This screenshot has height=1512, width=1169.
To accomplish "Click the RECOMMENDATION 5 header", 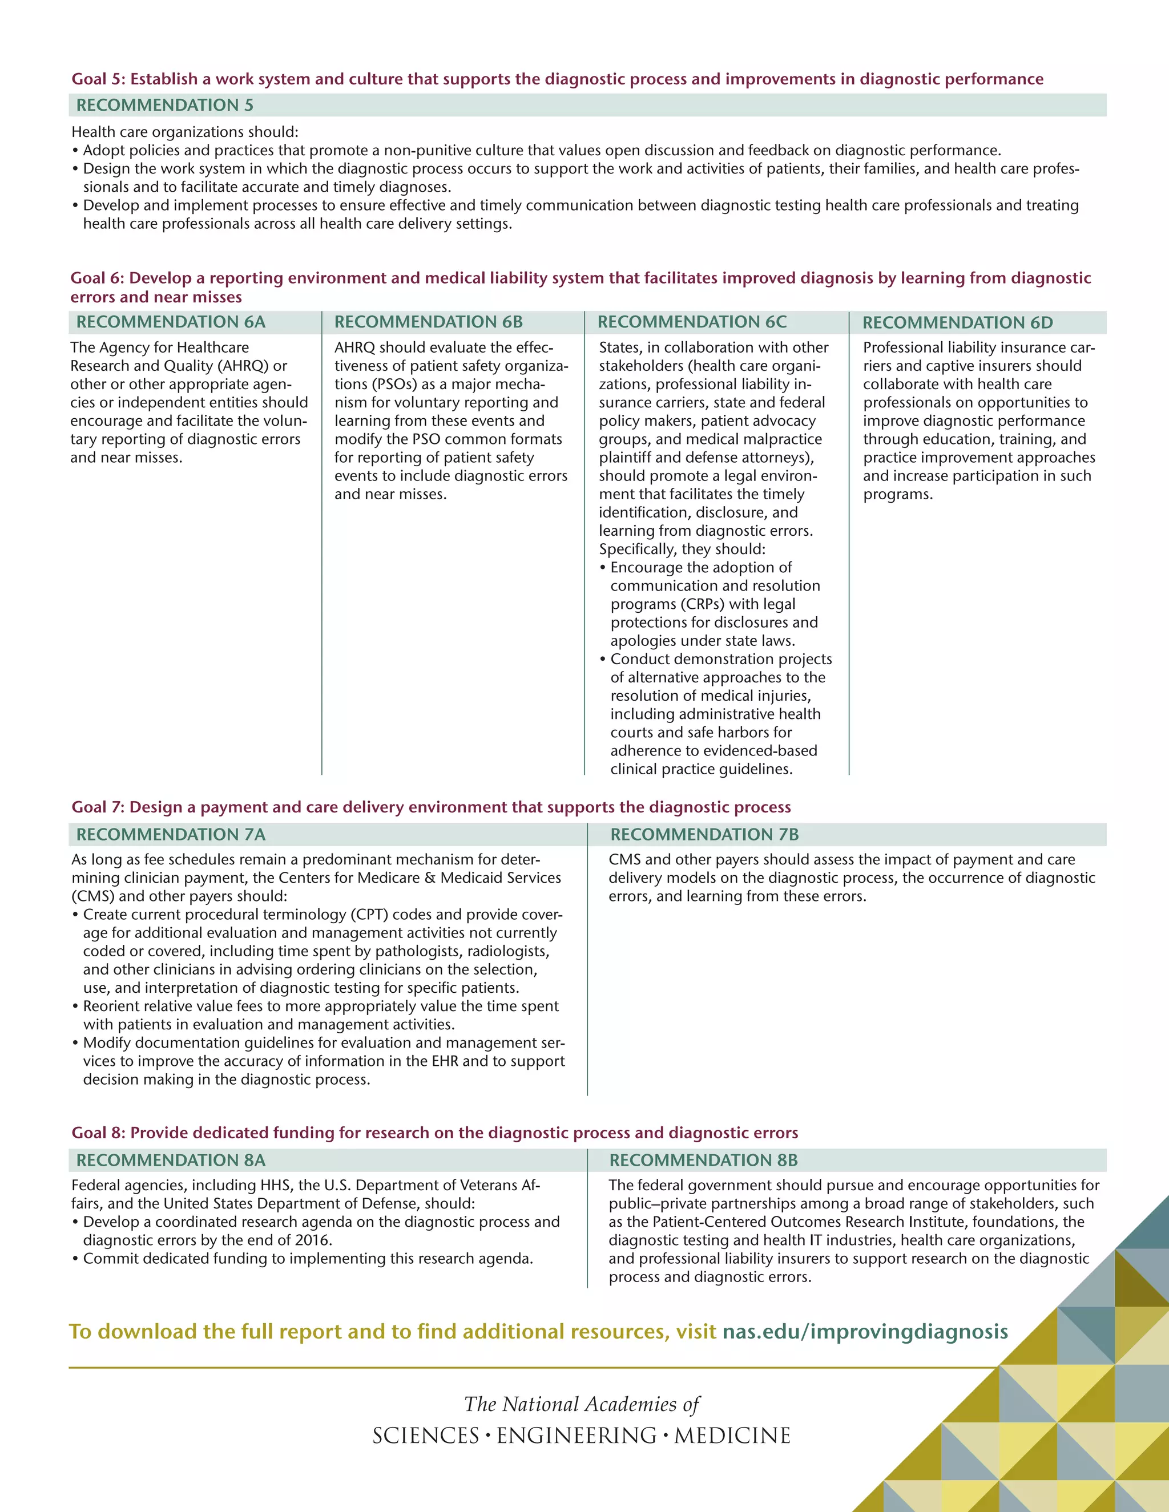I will pos(165,105).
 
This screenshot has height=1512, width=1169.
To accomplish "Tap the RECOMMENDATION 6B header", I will pos(428,322).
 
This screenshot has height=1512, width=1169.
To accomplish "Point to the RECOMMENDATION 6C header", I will pos(692,322).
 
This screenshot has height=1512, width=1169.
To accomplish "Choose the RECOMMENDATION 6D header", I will pos(957,322).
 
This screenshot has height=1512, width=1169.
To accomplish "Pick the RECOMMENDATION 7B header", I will pos(704,834).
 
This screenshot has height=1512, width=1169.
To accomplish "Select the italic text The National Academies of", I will pos(582,1404).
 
